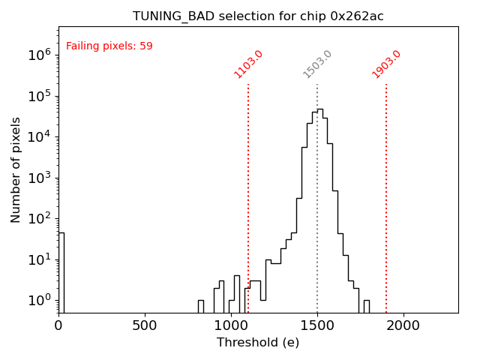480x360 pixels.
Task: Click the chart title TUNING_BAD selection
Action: (x=258, y=16)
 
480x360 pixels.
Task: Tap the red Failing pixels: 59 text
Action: (x=109, y=46)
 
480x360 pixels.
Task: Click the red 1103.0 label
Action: (x=248, y=64)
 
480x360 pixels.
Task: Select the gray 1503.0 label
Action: (x=317, y=64)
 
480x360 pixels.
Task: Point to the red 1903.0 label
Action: (x=386, y=64)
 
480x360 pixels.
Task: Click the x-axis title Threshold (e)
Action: (x=258, y=343)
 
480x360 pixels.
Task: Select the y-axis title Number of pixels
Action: (x=16, y=169)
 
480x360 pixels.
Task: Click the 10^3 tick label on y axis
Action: (x=40, y=177)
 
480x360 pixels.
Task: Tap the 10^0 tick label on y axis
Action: (x=40, y=300)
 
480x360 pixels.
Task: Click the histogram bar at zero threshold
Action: (x=61, y=270)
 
